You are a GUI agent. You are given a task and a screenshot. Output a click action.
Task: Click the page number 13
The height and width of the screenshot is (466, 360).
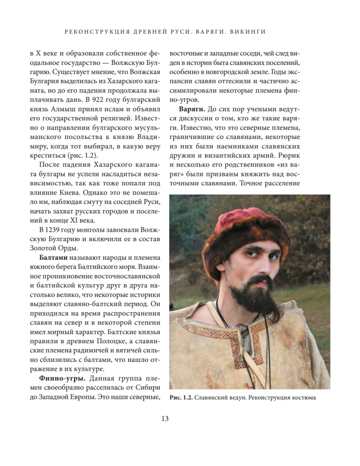(165, 419)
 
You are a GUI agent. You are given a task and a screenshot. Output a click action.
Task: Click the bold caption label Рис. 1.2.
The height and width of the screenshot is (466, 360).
(181, 398)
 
